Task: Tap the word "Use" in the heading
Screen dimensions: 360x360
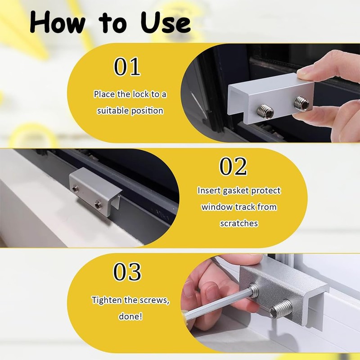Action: [165, 22]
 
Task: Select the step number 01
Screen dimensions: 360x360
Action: [127, 67]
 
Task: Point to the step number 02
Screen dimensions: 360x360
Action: [233, 166]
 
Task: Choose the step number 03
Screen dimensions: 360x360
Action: [127, 272]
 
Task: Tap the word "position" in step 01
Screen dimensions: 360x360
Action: [147, 111]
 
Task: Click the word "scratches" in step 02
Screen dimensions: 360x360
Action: [239, 223]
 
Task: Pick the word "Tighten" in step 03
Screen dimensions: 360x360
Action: [107, 300]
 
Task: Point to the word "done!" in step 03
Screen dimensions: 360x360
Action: [130, 316]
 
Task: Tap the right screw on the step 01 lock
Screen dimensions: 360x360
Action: [301, 103]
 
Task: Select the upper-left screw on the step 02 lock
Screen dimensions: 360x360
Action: [74, 189]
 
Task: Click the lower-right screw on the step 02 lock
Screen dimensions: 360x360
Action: [98, 203]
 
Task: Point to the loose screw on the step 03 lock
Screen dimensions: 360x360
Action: [280, 309]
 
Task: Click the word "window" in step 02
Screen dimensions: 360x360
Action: [217, 207]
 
